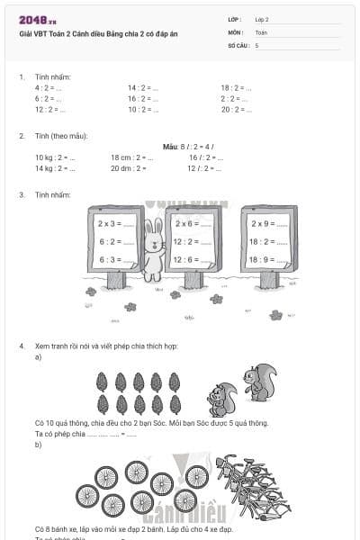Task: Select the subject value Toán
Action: coord(261,31)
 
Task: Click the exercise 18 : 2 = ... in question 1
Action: coord(236,88)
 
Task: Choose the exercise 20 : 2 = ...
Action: coord(236,109)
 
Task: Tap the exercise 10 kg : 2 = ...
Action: coord(55,157)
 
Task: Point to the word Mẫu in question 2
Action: coord(171,147)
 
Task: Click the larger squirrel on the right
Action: coord(260,382)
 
